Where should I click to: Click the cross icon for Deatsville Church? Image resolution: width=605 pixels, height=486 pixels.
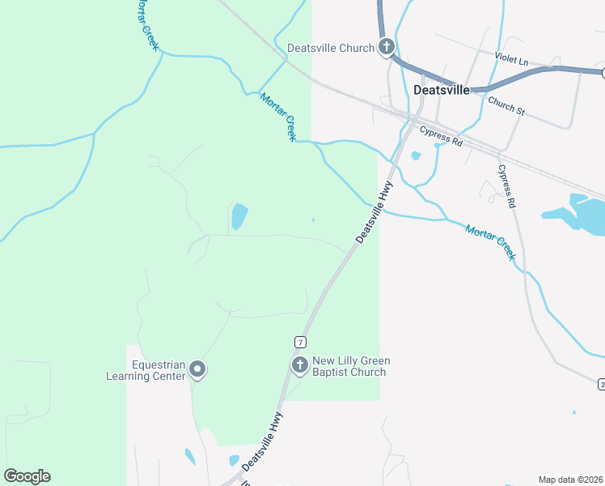(x=387, y=47)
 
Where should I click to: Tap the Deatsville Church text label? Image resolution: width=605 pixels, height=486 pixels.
(x=330, y=48)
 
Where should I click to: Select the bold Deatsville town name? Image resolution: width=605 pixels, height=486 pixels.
(x=441, y=90)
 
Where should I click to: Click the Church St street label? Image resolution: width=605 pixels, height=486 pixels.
(x=506, y=105)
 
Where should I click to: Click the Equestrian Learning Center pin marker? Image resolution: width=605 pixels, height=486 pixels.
(x=197, y=371)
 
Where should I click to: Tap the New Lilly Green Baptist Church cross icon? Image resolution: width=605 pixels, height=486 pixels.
(x=299, y=365)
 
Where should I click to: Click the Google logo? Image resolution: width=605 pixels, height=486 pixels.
(x=27, y=476)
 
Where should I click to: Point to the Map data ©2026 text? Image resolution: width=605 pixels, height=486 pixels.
(x=570, y=480)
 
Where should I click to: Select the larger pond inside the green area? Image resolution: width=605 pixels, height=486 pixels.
(x=239, y=216)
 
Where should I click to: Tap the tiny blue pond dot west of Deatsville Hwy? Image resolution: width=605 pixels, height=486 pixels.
(x=314, y=219)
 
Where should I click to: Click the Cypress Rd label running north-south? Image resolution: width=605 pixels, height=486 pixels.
(x=507, y=187)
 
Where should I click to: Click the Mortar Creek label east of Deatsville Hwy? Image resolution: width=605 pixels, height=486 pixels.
(x=490, y=241)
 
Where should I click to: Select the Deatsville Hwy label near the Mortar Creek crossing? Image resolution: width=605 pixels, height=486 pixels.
(x=374, y=211)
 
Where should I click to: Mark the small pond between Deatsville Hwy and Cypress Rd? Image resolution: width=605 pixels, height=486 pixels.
(x=416, y=156)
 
